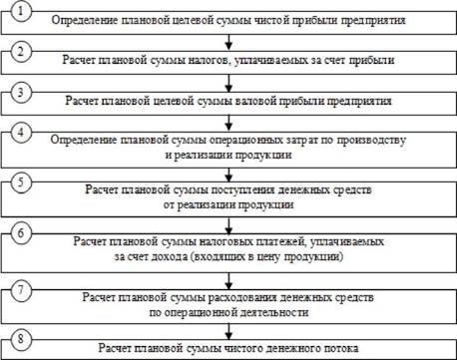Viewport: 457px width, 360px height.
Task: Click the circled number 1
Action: (21, 11)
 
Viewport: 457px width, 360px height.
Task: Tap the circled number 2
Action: (21, 52)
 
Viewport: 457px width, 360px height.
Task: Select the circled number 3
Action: (21, 92)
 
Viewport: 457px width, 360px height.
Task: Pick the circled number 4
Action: (21, 133)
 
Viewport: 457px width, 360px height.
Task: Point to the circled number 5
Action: (21, 182)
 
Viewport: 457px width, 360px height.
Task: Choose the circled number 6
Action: (21, 232)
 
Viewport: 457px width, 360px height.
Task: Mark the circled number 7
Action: (21, 289)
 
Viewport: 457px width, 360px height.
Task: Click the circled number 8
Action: (21, 339)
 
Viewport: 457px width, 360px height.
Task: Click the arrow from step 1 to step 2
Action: (228, 42)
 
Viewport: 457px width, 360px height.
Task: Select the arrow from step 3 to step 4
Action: (228, 123)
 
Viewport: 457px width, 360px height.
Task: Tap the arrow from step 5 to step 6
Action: (228, 225)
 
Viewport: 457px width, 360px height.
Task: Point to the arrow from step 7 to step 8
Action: (228, 332)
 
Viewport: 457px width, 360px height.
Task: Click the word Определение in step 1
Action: (85, 20)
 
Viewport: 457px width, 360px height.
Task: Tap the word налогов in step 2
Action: (209, 61)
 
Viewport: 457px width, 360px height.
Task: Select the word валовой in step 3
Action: (254, 101)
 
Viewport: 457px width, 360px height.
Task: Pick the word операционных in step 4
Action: (246, 140)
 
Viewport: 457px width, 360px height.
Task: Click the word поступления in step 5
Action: (242, 189)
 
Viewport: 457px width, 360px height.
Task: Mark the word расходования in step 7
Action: (242, 297)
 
